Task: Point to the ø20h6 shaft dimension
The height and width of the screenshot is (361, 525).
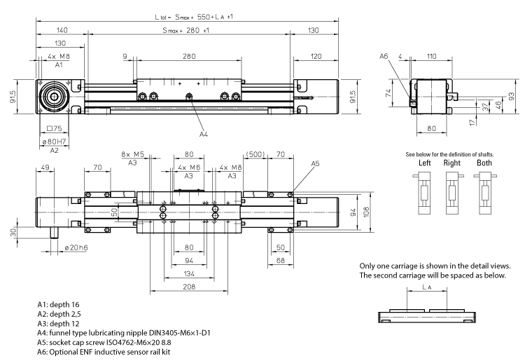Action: [x=76, y=247]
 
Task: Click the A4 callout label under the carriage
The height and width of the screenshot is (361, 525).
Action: [x=203, y=133]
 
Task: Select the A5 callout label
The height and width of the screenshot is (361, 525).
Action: [x=315, y=163]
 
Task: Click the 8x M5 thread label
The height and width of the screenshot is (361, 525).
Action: [x=132, y=154]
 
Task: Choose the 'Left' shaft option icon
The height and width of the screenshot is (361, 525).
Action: [x=424, y=192]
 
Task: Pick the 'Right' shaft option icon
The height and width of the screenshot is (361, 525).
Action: [x=452, y=192]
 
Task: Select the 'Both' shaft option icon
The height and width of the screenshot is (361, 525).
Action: [x=484, y=192]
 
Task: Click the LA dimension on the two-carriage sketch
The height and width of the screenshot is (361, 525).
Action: [x=428, y=288]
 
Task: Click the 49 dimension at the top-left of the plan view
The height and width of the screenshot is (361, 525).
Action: [x=45, y=168]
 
